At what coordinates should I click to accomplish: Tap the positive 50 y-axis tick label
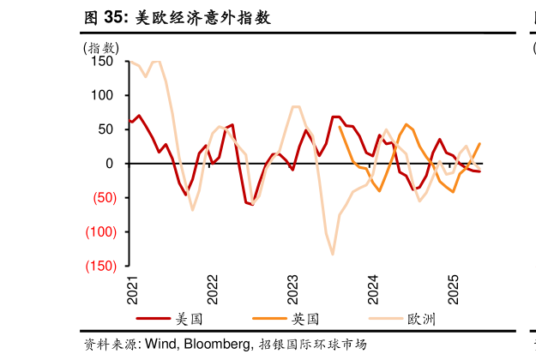106,129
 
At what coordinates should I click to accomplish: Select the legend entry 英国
305,319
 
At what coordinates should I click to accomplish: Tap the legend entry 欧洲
421,319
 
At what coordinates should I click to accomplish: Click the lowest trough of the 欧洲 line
333,254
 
